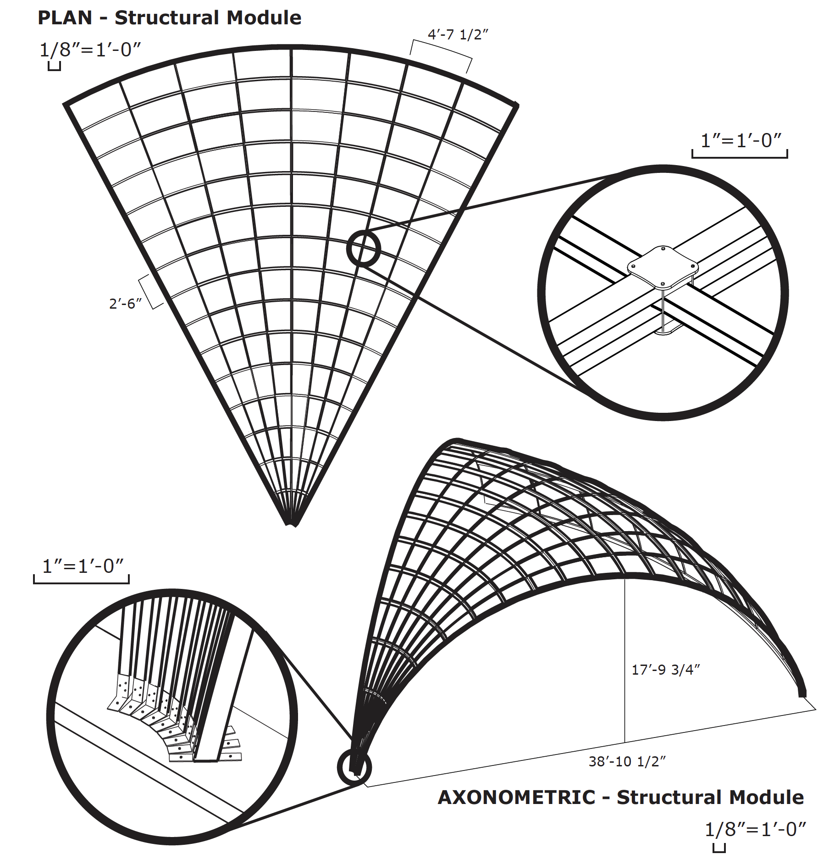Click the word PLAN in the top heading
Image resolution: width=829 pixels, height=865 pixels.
coord(65,18)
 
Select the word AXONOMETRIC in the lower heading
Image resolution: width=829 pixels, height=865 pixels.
coord(516,798)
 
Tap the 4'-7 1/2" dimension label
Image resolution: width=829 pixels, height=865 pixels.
coord(458,34)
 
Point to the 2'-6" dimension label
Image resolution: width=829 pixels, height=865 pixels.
coord(125,304)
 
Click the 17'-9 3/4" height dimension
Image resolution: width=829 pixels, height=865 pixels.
coord(665,670)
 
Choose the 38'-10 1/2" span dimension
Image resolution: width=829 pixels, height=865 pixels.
coord(627,762)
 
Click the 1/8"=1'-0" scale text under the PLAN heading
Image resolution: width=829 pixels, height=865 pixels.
coord(90,49)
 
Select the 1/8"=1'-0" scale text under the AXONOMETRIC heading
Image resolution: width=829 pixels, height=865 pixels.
coord(755,829)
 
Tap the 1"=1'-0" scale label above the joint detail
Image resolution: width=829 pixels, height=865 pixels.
coord(741,140)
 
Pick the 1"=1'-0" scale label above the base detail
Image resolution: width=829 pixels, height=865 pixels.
coord(83,566)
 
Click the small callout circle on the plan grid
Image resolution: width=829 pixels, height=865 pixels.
coord(364,249)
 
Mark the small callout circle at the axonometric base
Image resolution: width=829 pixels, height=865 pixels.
coord(354,768)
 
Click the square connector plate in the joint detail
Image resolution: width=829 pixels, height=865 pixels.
coord(663,266)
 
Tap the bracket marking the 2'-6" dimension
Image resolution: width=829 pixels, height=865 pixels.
coord(151,292)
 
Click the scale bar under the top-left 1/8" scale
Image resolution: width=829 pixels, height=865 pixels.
coord(54,67)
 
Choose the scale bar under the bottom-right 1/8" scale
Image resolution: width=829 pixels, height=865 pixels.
coord(719,848)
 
